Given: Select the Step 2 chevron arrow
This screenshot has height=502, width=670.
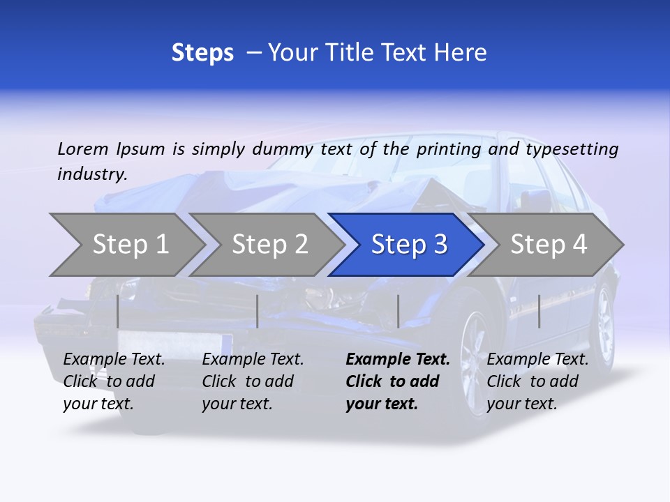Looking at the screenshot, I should coord(269,245).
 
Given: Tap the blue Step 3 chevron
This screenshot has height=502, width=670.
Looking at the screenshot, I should coord(408,245).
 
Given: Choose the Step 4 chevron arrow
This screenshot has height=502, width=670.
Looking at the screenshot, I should coord(549,245).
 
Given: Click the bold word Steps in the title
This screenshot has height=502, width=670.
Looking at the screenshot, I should coord(202,52).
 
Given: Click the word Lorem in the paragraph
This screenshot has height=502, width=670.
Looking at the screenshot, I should coord(83,149).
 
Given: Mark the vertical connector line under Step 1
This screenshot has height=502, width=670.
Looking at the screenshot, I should coord(118,311).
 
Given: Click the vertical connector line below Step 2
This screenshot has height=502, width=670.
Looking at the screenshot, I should coord(258,311).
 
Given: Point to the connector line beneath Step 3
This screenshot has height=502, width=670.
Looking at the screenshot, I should coord(398,311).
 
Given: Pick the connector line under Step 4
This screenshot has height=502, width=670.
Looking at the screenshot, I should coord(539,311).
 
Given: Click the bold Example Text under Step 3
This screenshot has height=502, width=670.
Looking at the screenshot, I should coord(398,381).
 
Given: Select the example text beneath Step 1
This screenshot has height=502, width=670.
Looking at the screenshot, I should coord(114,381).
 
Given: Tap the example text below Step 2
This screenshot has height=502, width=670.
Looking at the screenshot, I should coord(253,381).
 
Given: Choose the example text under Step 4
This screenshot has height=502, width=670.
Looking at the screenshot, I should coord(537,381).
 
